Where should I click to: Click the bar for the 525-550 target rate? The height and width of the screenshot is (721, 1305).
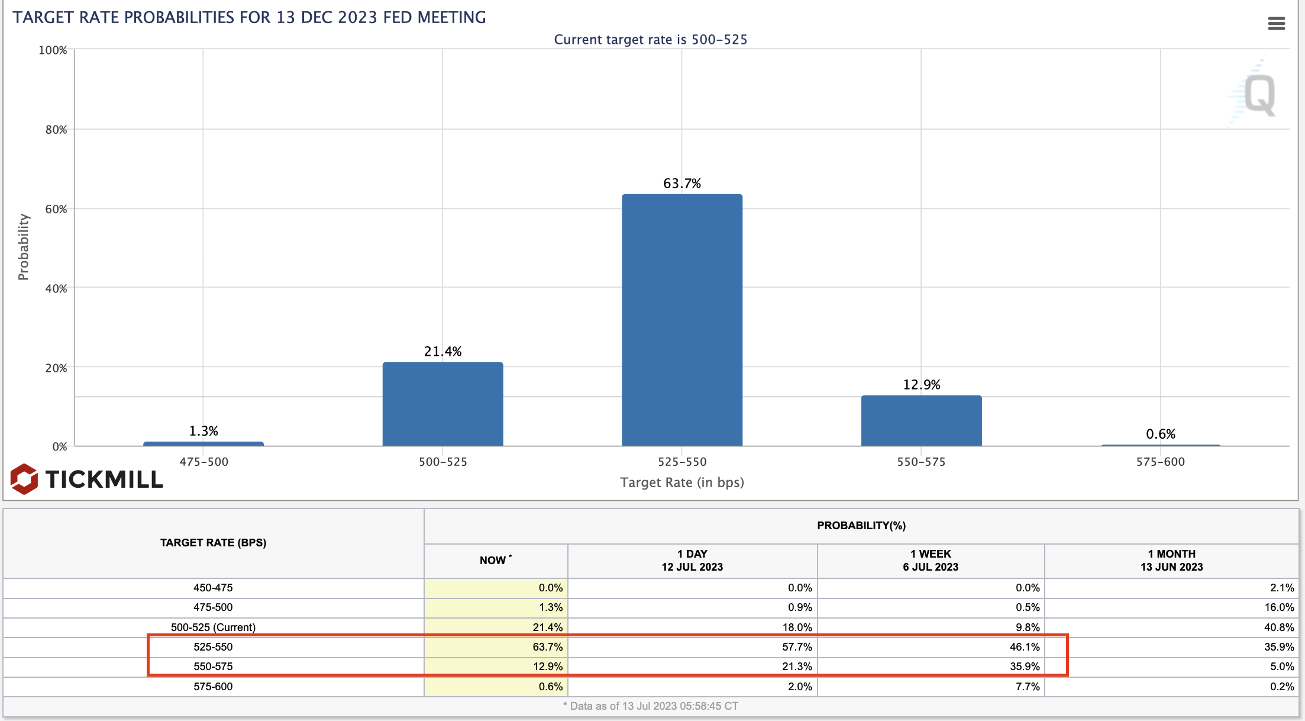(681, 320)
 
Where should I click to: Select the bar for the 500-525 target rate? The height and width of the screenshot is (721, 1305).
(442, 404)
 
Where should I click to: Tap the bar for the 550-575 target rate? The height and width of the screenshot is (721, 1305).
(921, 420)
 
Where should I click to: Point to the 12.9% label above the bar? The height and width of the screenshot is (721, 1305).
(921, 385)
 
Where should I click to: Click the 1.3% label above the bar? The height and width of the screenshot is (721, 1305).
(203, 431)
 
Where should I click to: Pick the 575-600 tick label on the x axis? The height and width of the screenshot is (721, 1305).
(1160, 462)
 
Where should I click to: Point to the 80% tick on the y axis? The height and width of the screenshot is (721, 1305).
(56, 130)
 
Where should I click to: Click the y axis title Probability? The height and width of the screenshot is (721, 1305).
(23, 247)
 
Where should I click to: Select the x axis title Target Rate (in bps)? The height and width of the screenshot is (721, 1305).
(681, 482)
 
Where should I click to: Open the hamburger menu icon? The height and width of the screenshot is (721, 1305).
(1276, 24)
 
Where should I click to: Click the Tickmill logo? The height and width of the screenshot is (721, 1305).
(86, 479)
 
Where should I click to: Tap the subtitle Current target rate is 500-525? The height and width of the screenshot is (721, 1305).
(650, 40)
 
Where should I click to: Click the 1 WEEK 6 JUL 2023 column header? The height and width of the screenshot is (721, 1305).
(931, 560)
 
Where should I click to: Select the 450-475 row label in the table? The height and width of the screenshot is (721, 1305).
(213, 588)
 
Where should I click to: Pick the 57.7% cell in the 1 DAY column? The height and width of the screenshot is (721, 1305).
(796, 647)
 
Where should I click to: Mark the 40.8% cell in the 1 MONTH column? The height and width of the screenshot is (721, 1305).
(1278, 627)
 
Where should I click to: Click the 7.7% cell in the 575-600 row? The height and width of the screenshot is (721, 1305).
(1027, 687)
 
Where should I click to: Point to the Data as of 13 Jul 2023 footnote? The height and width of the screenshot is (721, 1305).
(650, 706)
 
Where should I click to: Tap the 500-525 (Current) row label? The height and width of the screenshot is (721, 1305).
(213, 627)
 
